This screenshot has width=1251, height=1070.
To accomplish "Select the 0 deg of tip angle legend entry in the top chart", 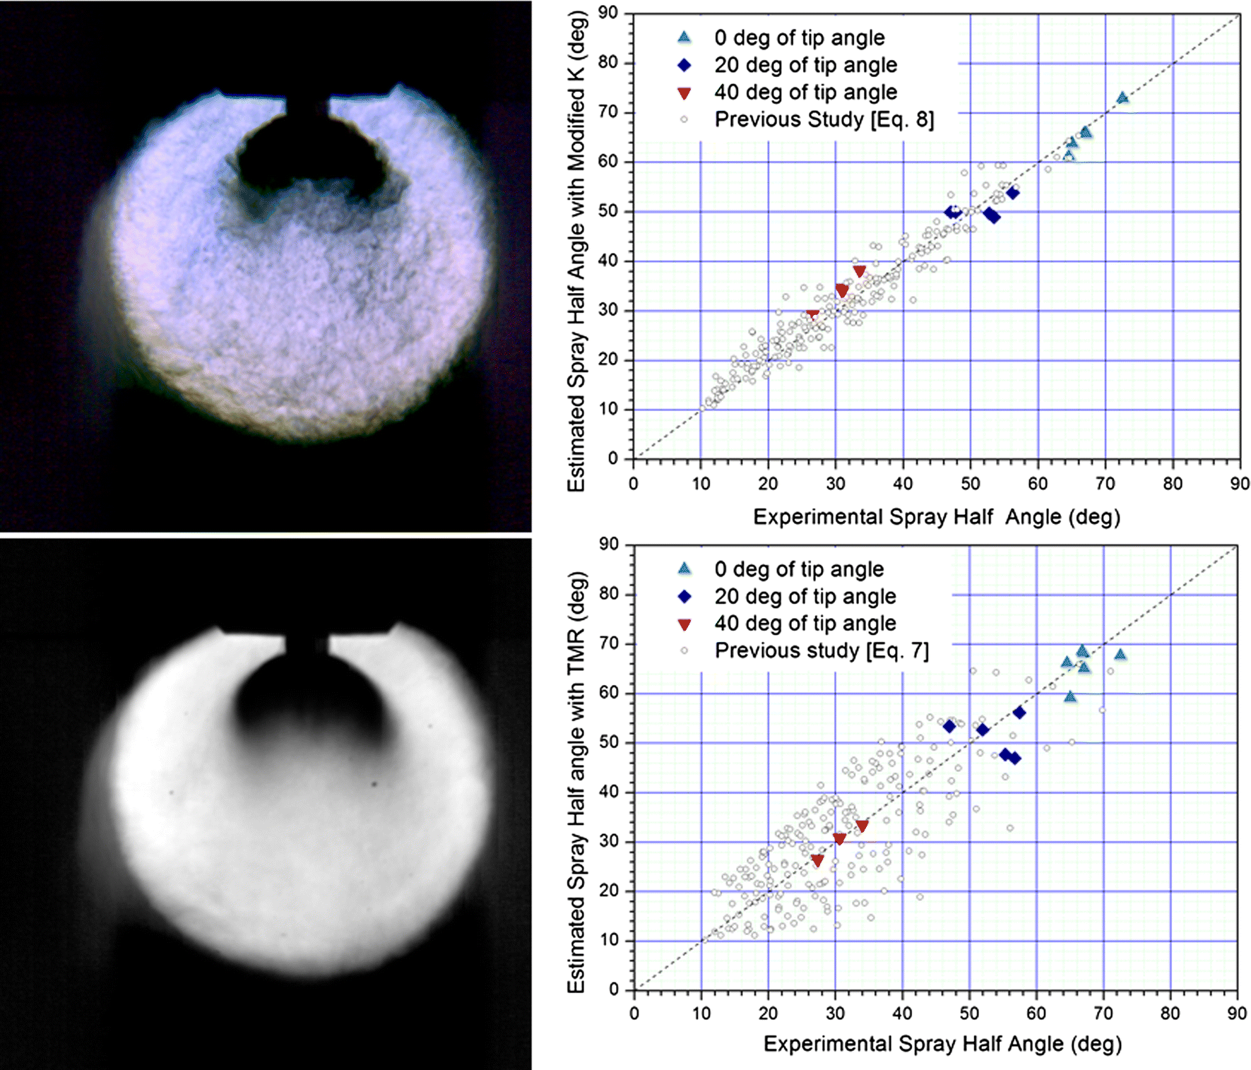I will pyautogui.click(x=799, y=37).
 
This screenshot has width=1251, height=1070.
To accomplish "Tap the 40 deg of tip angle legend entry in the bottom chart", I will pyautogui.click(x=805, y=624).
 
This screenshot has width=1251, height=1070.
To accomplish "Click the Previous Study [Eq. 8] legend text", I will pyautogui.click(x=824, y=119).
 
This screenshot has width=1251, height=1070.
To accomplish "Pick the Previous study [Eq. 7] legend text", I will pyautogui.click(x=822, y=650).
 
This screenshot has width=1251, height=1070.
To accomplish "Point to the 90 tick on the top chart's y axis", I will pyautogui.click(x=607, y=13).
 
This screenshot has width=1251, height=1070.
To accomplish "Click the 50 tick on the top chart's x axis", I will pyautogui.click(x=970, y=484).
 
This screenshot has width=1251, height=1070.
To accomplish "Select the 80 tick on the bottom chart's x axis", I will pyautogui.click(x=1170, y=1013).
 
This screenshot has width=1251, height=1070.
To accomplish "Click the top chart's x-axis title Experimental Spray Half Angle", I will pyautogui.click(x=936, y=517).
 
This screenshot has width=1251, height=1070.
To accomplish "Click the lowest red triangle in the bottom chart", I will pyautogui.click(x=817, y=861).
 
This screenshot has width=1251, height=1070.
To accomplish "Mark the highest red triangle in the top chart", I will pyautogui.click(x=859, y=271).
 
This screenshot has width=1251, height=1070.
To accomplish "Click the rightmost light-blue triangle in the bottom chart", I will pyautogui.click(x=1120, y=655).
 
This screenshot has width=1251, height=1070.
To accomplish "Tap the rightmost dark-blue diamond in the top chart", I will pyautogui.click(x=1012, y=193).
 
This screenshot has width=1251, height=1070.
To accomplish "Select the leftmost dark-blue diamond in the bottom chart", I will pyautogui.click(x=949, y=726).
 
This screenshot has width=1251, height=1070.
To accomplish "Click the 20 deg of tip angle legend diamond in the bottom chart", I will pyautogui.click(x=684, y=597).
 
